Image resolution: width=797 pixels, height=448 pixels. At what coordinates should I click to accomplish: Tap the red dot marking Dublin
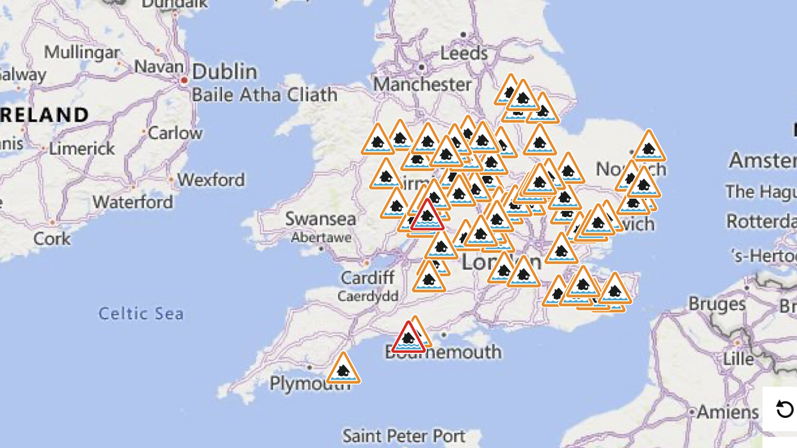click(184, 81)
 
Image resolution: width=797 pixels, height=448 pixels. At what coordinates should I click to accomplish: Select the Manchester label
click(422, 84)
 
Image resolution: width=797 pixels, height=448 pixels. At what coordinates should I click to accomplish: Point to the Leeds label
click(464, 52)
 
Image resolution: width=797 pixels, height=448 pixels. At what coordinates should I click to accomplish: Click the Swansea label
click(320, 219)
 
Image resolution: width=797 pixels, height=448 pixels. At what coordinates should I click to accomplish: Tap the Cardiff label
click(367, 278)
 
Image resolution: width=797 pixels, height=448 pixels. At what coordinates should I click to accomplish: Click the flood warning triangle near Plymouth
click(343, 369)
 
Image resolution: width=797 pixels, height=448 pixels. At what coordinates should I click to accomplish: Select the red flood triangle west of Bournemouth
click(408, 338)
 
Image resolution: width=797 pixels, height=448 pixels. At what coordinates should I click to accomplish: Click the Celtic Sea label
click(141, 314)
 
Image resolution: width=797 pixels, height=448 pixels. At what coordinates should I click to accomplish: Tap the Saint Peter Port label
click(404, 436)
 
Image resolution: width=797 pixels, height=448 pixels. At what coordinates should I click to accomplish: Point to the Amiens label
click(727, 412)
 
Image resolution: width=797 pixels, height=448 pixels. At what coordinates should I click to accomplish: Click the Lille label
click(738, 359)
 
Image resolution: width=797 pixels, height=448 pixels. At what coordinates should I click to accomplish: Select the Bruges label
click(717, 303)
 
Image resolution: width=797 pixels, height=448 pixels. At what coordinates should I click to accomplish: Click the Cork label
click(52, 238)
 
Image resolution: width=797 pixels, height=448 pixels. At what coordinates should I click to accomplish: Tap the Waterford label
click(133, 202)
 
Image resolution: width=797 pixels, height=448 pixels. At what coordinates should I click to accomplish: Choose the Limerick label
click(82, 148)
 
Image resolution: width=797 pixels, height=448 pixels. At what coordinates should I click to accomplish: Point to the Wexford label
click(211, 180)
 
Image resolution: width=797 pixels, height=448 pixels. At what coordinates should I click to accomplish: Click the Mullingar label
click(82, 51)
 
